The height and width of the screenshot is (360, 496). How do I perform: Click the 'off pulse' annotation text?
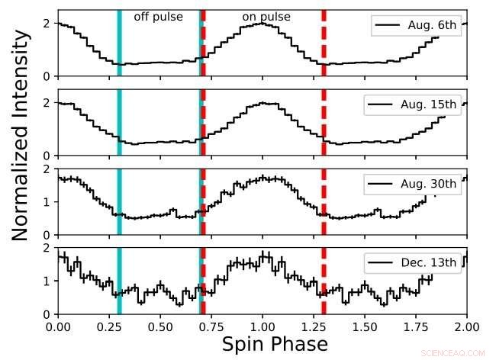[158, 16]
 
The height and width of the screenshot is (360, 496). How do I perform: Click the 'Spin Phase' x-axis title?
[275, 344]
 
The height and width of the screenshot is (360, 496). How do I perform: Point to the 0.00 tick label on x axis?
[58, 326]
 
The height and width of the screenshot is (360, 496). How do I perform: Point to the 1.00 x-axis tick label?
[262, 326]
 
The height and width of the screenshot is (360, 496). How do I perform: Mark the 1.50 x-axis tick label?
[365, 326]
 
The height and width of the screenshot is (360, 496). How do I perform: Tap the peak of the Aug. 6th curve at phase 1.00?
[262, 23]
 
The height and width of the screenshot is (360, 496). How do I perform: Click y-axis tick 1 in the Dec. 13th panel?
[50, 281]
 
